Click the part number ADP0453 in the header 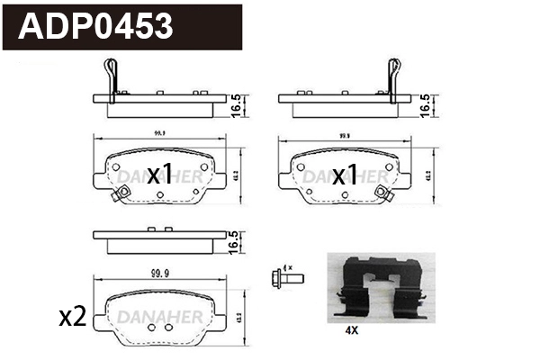96,26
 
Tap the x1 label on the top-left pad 159,175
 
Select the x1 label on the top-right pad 346,175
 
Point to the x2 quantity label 71,316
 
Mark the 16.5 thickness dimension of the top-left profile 236,106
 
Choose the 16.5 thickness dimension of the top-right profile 423,106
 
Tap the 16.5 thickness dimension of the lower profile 236,241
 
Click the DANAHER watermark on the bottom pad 159,315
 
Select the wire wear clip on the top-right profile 392,75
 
